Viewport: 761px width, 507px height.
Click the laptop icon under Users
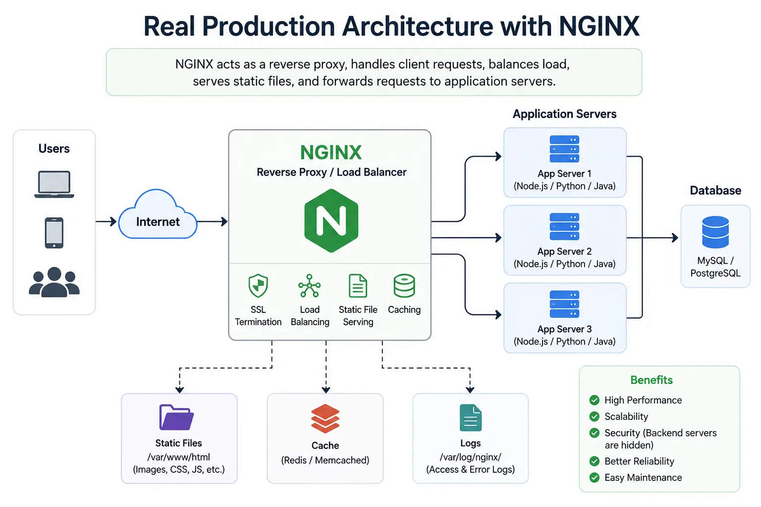click(54, 184)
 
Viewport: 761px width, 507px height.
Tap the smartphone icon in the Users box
click(54, 233)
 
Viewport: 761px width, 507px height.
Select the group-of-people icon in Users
click(54, 282)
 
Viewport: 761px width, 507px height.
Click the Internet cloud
click(158, 214)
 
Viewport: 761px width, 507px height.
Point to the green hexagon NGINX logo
click(331, 221)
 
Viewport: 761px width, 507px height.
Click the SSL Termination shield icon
click(258, 286)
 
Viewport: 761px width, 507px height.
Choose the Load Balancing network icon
click(310, 286)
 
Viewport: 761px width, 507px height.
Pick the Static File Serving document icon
click(358, 286)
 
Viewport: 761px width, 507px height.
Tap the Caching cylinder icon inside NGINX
click(404, 286)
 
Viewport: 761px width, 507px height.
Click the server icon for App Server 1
click(564, 149)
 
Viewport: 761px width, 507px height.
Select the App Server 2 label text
click(564, 252)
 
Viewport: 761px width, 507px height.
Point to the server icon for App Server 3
click(564, 304)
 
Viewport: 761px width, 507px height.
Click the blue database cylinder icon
click(715, 232)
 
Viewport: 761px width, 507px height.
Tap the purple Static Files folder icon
click(176, 417)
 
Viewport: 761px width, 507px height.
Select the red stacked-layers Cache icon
click(325, 418)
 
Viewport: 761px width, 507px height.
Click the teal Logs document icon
click(471, 418)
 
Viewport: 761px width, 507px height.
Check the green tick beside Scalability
click(595, 416)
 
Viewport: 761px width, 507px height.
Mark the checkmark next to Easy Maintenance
click(595, 477)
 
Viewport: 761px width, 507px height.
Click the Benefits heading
click(652, 380)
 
